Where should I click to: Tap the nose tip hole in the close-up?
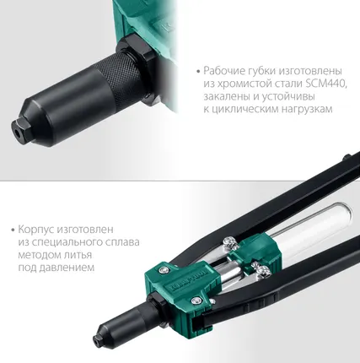pyautogui.click(x=16, y=133)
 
